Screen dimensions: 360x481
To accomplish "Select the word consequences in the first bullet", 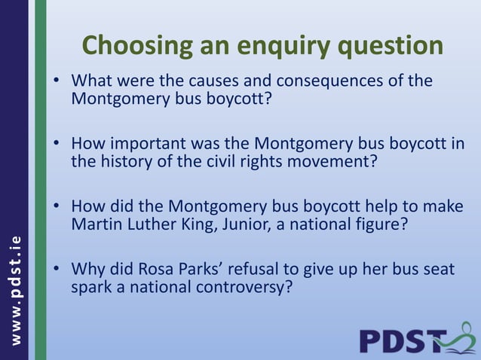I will pyautogui.click(x=342, y=81).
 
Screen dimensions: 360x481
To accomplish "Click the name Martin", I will pyautogui.click(x=96, y=224).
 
